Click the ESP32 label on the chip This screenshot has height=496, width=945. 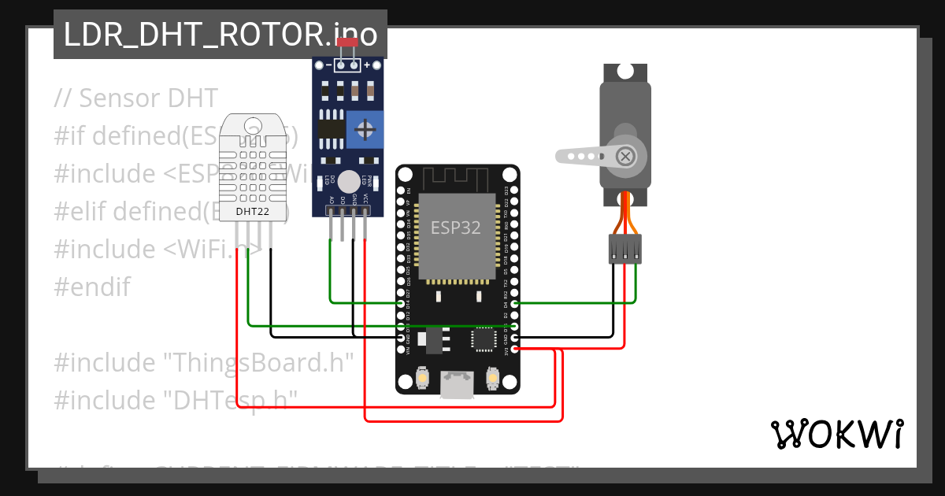click(456, 228)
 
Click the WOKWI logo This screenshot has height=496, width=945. click(836, 434)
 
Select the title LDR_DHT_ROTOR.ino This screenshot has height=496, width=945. click(220, 35)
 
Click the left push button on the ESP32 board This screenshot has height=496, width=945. click(422, 379)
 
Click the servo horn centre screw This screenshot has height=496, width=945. click(625, 156)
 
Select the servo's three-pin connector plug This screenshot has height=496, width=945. click(624, 249)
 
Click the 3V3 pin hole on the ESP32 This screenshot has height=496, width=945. click(514, 348)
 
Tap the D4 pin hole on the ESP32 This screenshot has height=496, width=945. click(514, 303)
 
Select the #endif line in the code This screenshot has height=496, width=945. click(92, 287)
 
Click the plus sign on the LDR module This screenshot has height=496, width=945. click(366, 65)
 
